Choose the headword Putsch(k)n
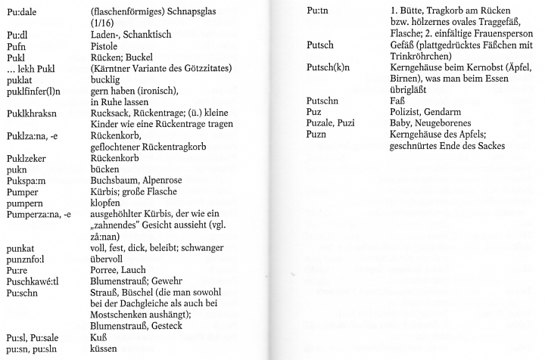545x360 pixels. coord(329,67)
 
